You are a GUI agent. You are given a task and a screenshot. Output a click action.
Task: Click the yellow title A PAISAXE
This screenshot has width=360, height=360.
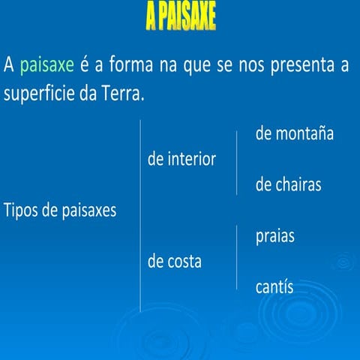coord(180,17)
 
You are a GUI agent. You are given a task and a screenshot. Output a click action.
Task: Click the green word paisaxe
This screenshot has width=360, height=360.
coord(47,65)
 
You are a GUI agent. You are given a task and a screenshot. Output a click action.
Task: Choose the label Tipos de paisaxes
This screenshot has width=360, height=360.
coord(60,211)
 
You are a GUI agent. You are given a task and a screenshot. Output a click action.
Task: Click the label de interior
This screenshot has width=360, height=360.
coord(182,159)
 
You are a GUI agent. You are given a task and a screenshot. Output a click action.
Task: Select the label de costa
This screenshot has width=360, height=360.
coord(175,262)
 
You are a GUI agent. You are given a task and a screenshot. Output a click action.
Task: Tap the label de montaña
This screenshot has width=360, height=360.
coord(294,134)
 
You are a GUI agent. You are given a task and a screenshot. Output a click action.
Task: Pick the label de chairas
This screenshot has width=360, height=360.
coord(288,185)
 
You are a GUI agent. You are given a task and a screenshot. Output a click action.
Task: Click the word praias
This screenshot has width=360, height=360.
coord(274,236)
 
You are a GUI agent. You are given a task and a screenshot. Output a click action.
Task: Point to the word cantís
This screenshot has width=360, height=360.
coord(274,287)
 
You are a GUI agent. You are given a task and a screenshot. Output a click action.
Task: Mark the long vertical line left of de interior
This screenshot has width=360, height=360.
coord(140,214)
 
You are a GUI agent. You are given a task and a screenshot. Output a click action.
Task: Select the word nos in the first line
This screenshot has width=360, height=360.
coord(252,66)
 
